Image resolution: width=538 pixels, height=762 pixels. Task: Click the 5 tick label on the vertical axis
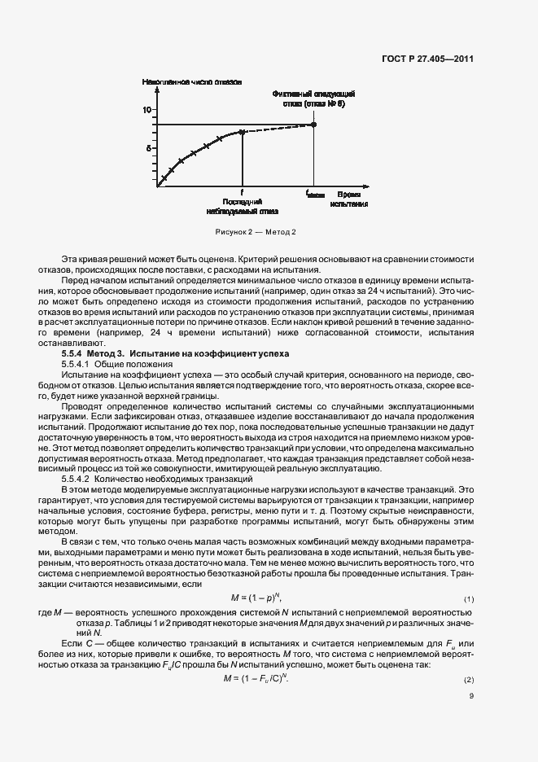coord(149,148)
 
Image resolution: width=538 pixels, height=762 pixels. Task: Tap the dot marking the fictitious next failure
coord(314,124)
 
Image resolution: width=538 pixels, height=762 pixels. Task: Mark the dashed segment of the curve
coord(277,128)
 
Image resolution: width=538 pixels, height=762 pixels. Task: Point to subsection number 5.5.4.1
coord(78,366)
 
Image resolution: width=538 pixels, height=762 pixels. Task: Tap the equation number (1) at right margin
coord(468,599)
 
